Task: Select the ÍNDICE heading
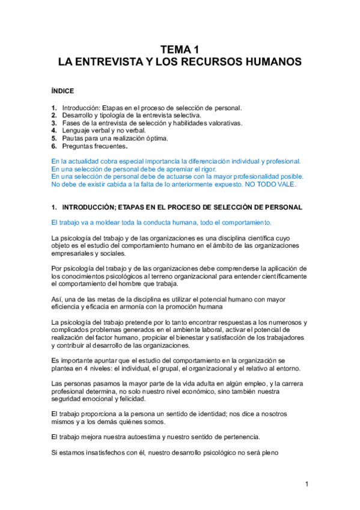pos(63,91)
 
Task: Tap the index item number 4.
pos(54,131)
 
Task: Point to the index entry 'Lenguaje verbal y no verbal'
pos(104,131)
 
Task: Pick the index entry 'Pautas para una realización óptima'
pos(111,138)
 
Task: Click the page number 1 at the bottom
pos(307,485)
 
